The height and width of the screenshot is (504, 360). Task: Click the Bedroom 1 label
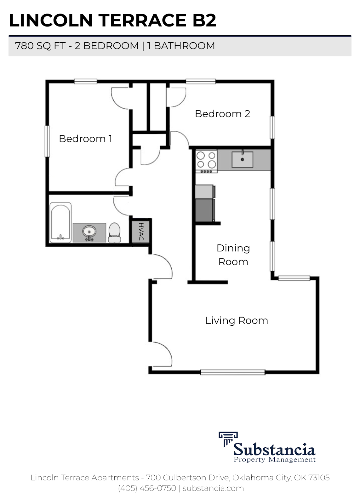point(85,139)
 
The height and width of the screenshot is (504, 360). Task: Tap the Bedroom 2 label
point(222,114)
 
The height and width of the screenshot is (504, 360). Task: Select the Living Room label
point(237,321)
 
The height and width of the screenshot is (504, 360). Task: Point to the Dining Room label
point(233,255)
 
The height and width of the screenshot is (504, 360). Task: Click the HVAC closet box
point(141,231)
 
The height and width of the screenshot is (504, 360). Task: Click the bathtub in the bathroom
point(60,222)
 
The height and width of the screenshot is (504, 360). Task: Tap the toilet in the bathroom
point(114,232)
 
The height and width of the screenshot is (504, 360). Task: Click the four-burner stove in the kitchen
point(206,161)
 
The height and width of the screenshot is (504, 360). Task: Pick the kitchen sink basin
point(242,159)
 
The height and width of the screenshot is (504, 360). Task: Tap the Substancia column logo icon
point(228,439)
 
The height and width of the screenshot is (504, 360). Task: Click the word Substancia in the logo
point(274,450)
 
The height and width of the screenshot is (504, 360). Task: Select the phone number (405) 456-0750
point(147,488)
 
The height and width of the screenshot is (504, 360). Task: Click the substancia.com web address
point(213,488)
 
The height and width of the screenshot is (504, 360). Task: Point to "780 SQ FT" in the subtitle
point(40,46)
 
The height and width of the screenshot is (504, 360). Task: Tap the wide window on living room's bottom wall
point(233,372)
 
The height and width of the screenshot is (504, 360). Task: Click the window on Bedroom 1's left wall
point(47,141)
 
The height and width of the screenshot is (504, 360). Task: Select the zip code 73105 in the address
point(319,478)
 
